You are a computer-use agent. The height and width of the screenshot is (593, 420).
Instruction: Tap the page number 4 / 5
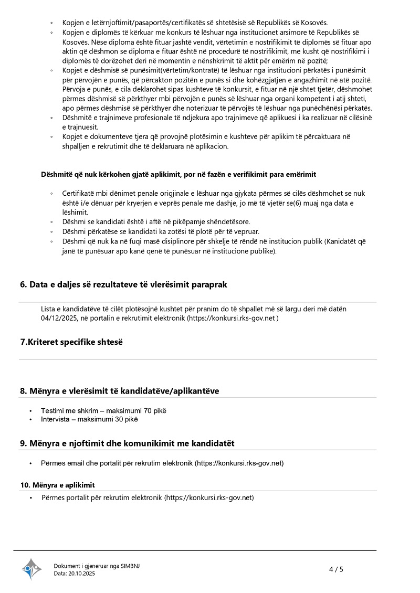[x=336, y=569]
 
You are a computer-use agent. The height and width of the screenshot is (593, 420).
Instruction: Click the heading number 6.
[x=24, y=284]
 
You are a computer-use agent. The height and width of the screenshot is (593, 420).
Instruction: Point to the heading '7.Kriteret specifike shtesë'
[x=71, y=342]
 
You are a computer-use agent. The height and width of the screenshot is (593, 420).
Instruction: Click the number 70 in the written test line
[x=148, y=410]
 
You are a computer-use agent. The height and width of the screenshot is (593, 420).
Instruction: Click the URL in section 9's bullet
[x=239, y=463]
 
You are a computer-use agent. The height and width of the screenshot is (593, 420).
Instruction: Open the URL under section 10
[x=209, y=497]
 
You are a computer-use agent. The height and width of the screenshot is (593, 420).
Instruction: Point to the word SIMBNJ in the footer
[x=130, y=566]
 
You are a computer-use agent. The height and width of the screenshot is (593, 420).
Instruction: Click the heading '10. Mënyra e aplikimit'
[x=57, y=485]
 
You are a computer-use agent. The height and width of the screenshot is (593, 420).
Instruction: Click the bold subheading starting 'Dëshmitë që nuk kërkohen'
[x=178, y=174]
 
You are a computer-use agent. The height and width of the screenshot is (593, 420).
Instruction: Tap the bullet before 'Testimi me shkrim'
[x=32, y=411]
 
